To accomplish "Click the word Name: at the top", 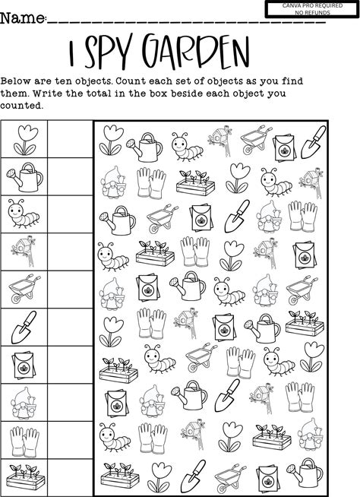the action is coord(24,18).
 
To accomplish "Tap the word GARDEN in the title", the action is coord(195,52).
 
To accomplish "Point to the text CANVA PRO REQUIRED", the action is coord(312,6).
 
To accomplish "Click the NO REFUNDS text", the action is coord(312,13).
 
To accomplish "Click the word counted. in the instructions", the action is coord(21,105).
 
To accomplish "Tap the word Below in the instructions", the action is coord(15,81).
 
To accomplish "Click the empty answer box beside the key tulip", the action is coord(70,139).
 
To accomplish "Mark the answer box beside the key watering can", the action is coord(70,176).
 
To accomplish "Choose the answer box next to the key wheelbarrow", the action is coord(70,289).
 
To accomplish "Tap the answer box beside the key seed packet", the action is coord(70,365).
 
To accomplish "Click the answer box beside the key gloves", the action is coord(70,440).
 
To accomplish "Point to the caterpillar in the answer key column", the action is coord(24,214).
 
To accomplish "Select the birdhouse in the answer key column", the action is coord(24,251).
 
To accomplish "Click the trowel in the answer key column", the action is coord(23,327).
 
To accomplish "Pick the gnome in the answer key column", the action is coord(24,402).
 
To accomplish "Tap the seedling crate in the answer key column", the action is coord(25,477).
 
